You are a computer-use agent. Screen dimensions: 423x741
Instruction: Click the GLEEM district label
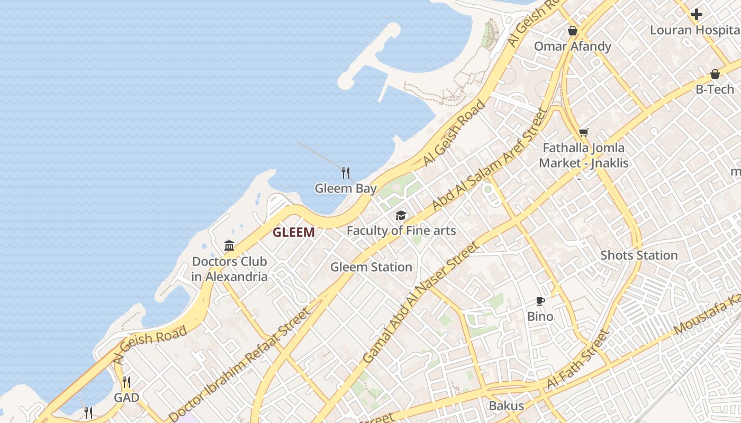point(293,232)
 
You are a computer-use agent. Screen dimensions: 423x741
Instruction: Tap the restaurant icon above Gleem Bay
point(346,172)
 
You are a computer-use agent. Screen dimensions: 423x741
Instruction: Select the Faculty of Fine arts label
point(401,231)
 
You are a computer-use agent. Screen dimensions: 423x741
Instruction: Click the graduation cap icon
point(401,215)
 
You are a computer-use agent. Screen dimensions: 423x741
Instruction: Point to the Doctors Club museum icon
point(229,245)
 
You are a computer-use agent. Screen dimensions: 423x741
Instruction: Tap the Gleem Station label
point(371,267)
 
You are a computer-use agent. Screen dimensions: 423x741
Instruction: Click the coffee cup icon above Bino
point(540,301)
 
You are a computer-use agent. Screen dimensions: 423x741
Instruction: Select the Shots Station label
point(639,255)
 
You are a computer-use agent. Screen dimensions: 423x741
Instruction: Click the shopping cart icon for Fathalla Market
point(583,132)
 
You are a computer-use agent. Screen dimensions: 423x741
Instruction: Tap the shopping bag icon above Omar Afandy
point(572,31)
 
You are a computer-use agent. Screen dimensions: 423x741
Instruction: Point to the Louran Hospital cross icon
point(697,14)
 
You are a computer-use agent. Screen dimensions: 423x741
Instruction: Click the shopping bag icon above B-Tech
point(715,74)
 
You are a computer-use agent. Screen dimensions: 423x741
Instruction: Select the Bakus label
point(506,406)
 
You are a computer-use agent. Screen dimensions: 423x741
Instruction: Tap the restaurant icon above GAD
point(126,382)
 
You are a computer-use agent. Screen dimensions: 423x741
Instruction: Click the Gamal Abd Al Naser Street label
point(421,302)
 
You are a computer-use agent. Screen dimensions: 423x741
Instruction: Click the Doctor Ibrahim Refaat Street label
point(240,364)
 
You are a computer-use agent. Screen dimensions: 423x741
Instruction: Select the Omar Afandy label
point(572,46)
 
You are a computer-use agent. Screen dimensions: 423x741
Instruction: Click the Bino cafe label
point(540,317)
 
